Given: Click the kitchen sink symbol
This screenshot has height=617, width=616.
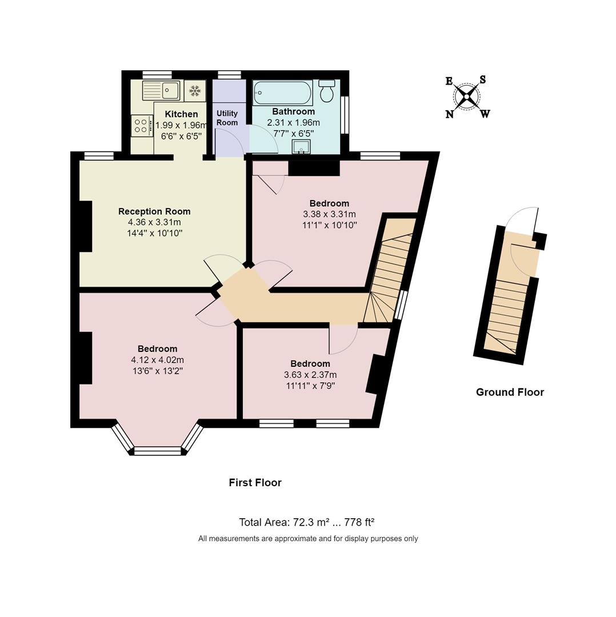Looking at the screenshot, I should point(161,90).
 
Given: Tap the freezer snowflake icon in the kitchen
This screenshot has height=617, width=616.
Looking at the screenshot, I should point(195,90).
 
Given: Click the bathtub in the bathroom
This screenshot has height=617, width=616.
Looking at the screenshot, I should point(282,91).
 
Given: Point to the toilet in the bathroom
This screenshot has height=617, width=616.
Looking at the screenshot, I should point(327,91).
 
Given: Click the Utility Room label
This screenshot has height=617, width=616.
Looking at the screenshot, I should point(227,118).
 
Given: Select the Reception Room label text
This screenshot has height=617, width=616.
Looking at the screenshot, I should point(154,211).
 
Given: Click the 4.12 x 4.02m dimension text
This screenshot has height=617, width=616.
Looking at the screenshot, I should point(157,360).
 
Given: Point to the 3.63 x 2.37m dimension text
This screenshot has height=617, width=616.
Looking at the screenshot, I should point(310,375).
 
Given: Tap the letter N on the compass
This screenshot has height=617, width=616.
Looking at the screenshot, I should point(450,114).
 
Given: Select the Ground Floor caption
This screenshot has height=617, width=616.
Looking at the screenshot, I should point(510,392).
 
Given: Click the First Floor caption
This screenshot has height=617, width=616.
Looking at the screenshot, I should point(255,483).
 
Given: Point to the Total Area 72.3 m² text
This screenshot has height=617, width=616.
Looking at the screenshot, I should point(306,522).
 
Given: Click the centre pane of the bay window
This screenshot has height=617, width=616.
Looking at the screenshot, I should point(157,451).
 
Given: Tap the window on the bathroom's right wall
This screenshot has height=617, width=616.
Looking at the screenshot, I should point(345,114).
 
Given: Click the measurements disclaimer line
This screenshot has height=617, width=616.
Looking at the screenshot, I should point(308,539).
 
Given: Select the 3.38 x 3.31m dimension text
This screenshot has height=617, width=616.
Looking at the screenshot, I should point(329,214).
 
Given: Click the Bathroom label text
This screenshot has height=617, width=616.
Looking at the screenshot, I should point(293,111).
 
